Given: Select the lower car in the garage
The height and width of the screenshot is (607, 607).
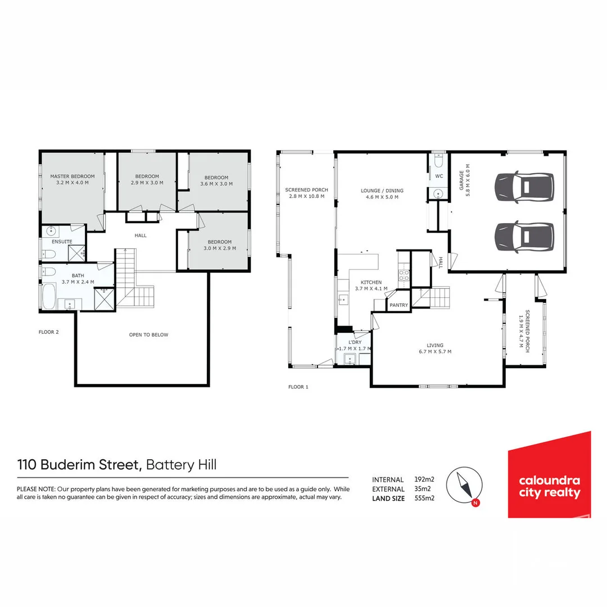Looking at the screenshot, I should [x=524, y=237].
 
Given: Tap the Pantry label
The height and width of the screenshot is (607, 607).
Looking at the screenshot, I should [x=399, y=305].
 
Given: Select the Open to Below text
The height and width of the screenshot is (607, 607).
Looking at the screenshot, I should [x=148, y=335].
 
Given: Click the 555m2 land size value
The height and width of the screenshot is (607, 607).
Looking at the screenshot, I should [x=424, y=498].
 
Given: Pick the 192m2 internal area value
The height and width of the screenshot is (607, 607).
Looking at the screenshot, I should [x=424, y=479].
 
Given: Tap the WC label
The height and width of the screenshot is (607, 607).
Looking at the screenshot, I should [x=439, y=176].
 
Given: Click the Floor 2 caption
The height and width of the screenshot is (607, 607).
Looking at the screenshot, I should [x=49, y=332].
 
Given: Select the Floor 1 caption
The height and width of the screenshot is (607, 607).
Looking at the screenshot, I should [x=298, y=387].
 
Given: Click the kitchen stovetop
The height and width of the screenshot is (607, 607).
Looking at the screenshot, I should [x=404, y=275].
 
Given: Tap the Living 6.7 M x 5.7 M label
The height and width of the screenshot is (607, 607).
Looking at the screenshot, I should [x=434, y=348].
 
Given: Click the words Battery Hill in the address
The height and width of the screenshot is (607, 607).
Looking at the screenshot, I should [x=181, y=465].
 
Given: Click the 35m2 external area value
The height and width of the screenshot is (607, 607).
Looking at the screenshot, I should [x=422, y=489].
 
